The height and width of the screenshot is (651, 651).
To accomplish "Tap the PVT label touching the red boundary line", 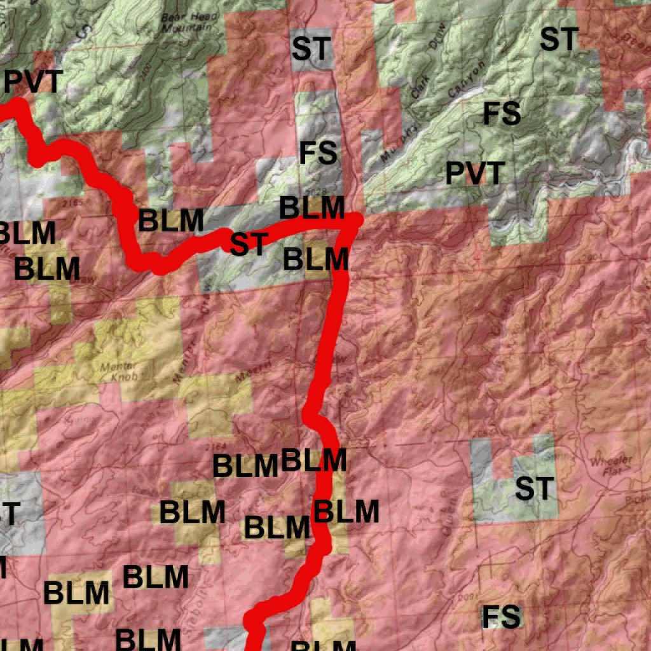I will tap(34, 83).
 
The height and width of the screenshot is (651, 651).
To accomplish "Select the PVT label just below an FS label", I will tap(475, 173).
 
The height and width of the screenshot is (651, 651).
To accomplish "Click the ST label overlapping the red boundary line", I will tap(247, 244).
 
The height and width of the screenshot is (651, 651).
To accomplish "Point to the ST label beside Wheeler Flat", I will tap(535, 489).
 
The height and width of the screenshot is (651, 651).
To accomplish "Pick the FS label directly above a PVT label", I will tap(502, 114).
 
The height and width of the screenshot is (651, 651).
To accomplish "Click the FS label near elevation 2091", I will tap(502, 617).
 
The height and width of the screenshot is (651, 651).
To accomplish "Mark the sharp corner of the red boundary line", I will tap(356, 219).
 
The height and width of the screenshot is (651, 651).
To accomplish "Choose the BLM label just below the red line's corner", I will tap(316, 259).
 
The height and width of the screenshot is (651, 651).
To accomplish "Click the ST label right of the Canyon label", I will tap(558, 39).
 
